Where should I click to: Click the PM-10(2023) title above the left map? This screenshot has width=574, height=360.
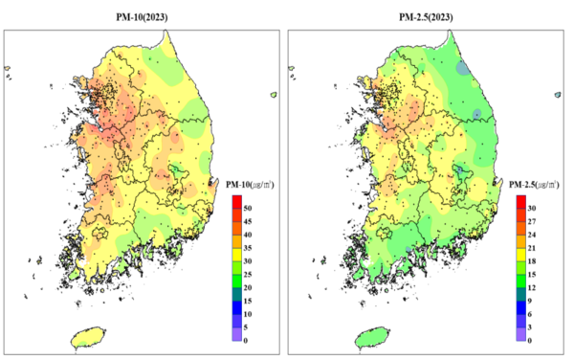pos(143,17)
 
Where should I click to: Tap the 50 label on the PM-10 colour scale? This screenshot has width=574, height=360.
pos(248,208)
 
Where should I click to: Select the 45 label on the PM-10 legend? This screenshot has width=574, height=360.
pos(248,221)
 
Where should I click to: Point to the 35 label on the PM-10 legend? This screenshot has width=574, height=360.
pos(248,247)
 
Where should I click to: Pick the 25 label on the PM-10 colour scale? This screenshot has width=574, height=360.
pos(248,274)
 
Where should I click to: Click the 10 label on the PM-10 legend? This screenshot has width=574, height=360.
pos(248,313)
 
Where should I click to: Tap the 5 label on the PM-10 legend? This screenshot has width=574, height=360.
pos(247,326)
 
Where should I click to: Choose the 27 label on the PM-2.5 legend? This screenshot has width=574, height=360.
pos(531,221)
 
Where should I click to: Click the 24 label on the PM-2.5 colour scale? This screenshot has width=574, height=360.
pos(531,235)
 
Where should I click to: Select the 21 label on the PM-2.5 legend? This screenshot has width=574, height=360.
pos(531,247)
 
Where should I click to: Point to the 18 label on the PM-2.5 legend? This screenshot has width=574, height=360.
pos(531,260)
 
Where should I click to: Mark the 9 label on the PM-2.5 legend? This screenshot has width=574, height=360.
pos(530,300)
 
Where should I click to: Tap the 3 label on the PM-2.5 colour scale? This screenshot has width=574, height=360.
pos(530,326)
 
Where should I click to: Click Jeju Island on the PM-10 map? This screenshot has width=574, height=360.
pos(89,336)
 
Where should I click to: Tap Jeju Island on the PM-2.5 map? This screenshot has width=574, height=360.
pos(371,336)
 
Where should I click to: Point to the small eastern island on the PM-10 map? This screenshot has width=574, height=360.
pos(274,95)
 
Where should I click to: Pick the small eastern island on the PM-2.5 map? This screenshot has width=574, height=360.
pos(556,95)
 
